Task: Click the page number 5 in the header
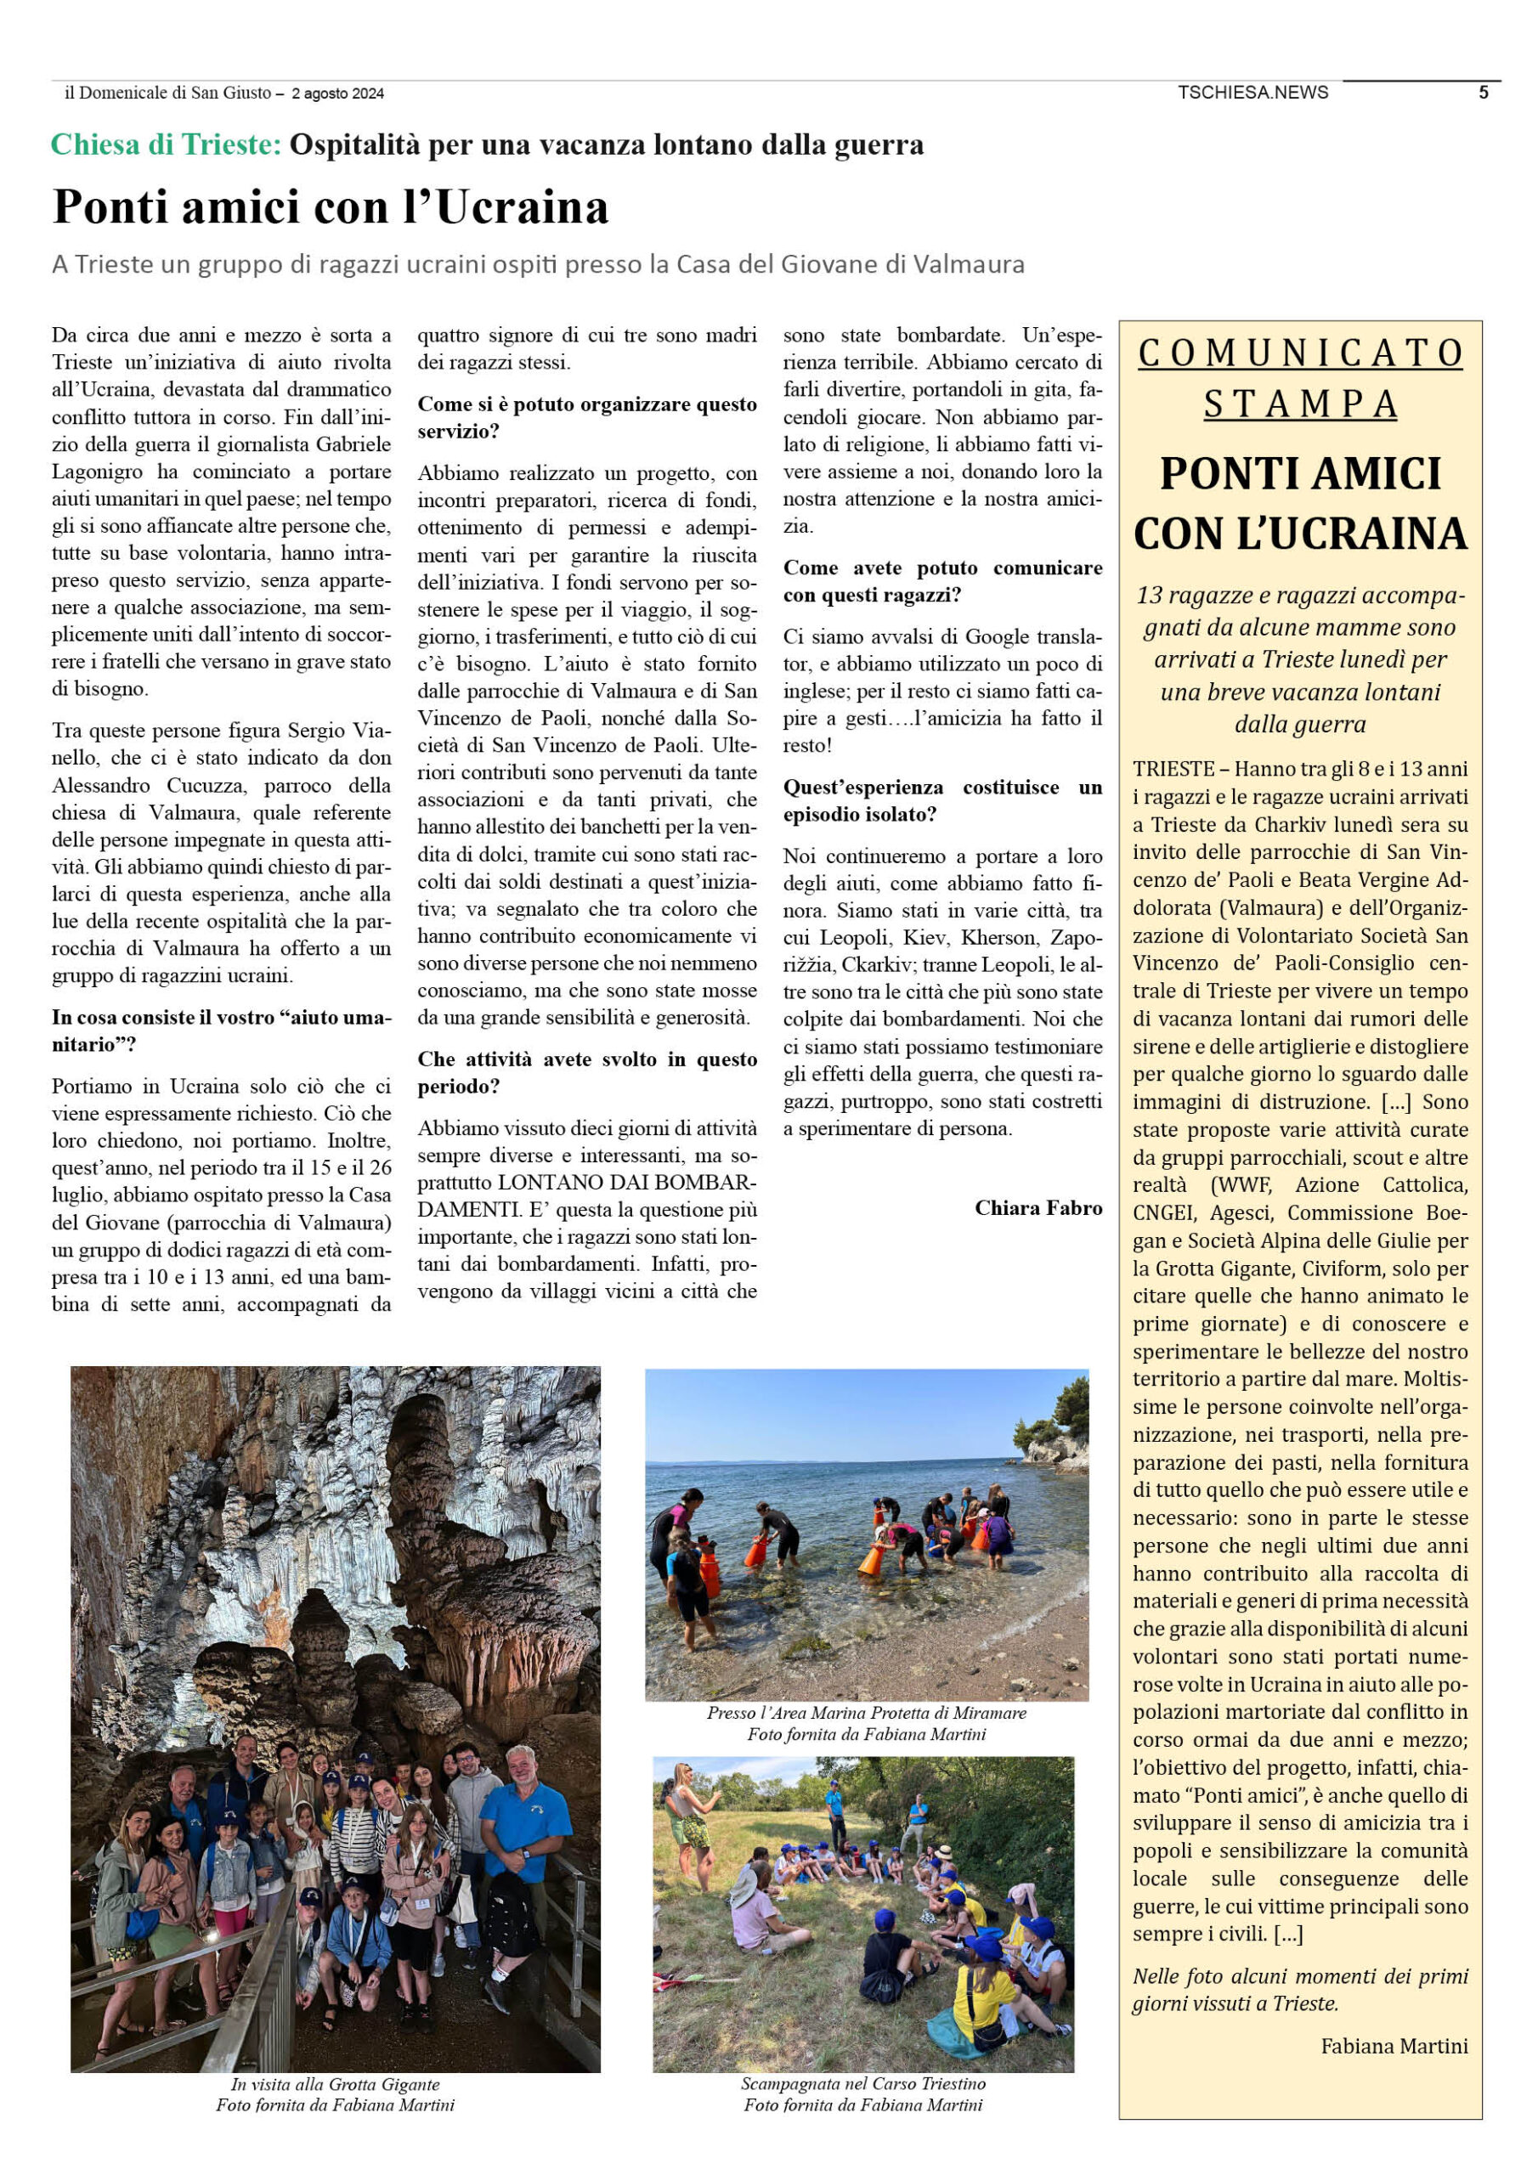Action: (x=1483, y=92)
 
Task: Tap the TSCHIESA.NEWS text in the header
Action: (x=1252, y=92)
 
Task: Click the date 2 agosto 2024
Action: (x=337, y=93)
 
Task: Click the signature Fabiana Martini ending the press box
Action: (x=1394, y=2045)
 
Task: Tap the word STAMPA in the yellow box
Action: (x=1300, y=404)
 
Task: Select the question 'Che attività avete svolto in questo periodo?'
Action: (x=586, y=1072)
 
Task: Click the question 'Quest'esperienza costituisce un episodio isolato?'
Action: (x=942, y=800)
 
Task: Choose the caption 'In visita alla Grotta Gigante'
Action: (x=336, y=2083)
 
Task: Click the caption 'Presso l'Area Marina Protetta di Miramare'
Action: (x=866, y=1712)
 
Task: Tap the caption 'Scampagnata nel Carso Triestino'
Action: (x=862, y=2083)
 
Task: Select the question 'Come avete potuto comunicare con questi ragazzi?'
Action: (x=942, y=580)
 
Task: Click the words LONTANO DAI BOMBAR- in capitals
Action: (x=627, y=1182)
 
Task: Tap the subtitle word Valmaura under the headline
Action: (x=969, y=263)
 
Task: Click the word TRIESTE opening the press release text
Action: (x=1173, y=768)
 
